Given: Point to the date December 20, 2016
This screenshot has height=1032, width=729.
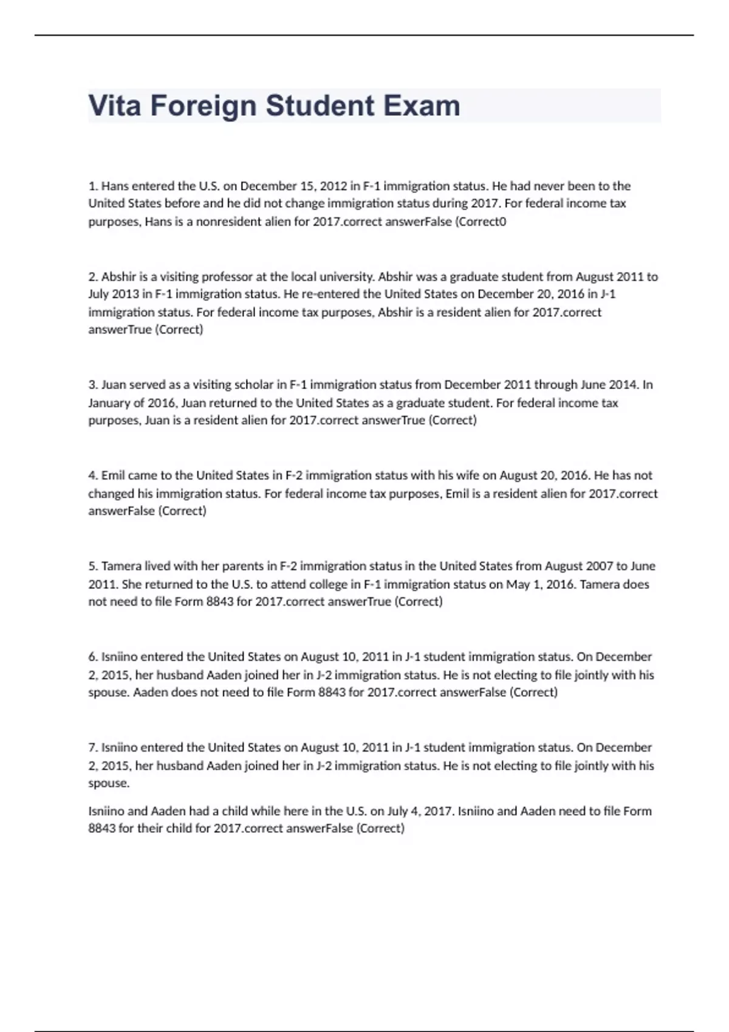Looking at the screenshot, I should pyautogui.click(x=531, y=294).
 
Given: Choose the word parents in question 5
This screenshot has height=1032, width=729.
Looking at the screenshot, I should pyautogui.click(x=244, y=566).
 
